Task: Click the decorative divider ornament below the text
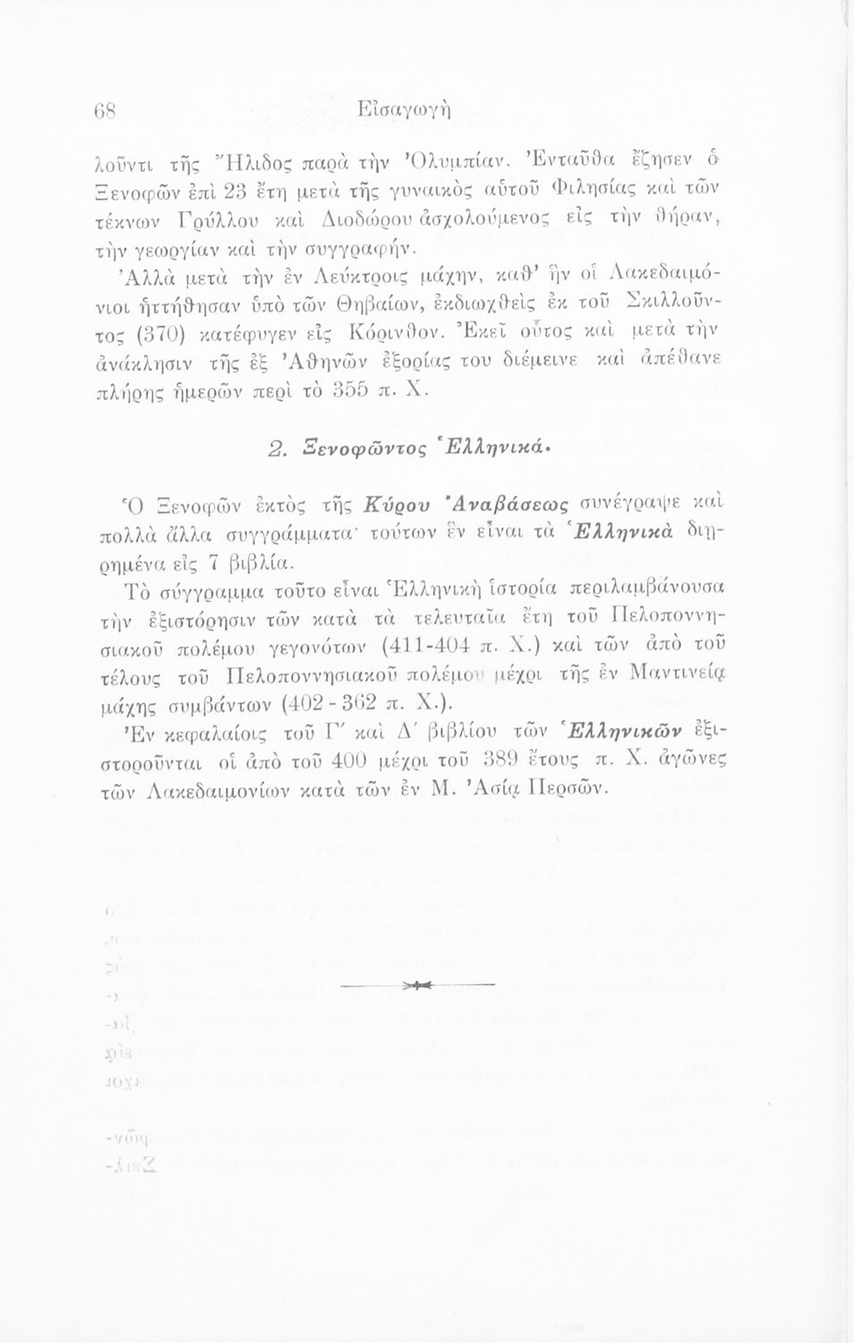click(x=420, y=986)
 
